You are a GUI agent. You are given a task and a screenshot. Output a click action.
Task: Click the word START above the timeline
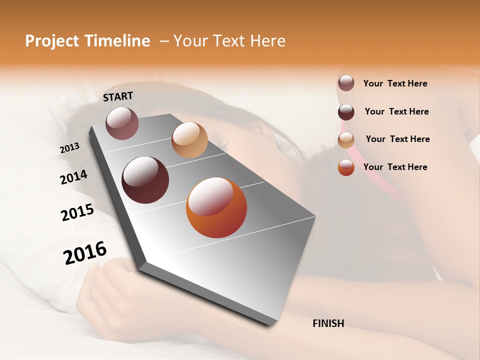[x=118, y=96]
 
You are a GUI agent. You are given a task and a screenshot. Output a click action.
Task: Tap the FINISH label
[x=328, y=323]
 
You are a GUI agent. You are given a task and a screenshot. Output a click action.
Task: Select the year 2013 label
[x=70, y=148]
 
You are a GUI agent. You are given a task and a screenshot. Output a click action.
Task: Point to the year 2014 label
[x=74, y=177]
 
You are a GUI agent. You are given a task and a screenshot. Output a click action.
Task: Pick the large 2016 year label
[x=85, y=252]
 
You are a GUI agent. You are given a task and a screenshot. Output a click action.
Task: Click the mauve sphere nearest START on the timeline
[x=122, y=123]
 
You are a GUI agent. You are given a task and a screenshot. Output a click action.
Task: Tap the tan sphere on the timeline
[x=189, y=140]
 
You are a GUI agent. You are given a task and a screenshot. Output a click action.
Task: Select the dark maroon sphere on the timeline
[x=145, y=180]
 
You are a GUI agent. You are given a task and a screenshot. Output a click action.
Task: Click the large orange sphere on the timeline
[x=216, y=207]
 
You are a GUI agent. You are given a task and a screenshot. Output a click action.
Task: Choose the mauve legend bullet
[x=346, y=83]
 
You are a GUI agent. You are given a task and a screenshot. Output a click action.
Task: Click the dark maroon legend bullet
[x=346, y=112]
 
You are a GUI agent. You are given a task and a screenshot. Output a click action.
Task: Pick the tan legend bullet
[x=346, y=140]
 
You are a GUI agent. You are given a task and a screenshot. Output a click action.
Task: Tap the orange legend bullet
[x=346, y=167]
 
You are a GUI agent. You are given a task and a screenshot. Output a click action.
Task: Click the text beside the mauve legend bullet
[x=395, y=83]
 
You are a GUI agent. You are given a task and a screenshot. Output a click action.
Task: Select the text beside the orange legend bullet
[x=395, y=167]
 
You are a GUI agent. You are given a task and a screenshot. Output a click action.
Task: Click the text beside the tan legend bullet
[x=397, y=139]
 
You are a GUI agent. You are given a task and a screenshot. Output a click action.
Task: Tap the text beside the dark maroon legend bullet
[x=396, y=111]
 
